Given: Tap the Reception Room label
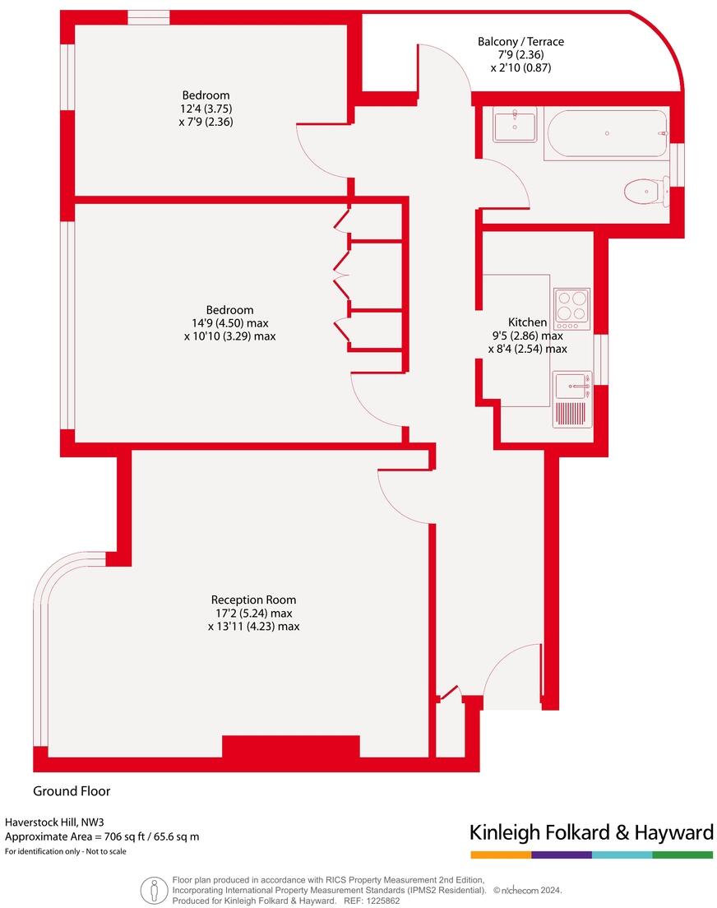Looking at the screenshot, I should pos(253,600).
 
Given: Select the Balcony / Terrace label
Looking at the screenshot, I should pos(520,41).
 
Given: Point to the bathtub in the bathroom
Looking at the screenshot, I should pos(606,133).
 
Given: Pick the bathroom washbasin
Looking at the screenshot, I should pos(514,126).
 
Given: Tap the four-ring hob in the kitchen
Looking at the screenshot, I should pos(572,308).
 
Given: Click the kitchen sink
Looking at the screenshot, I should pos(572,385).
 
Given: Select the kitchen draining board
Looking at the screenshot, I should pos(571,413).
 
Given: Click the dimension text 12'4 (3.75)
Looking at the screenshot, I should pos(206,109).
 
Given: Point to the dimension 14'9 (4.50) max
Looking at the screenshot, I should pos(229,322).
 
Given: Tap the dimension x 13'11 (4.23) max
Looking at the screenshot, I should pos(253,626).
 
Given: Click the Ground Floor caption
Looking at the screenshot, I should pos(72,791).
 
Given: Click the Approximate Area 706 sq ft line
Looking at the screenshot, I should pos(102,836).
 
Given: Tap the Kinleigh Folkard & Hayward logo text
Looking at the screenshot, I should pos(591,833).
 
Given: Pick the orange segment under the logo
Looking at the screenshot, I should pos(501,855).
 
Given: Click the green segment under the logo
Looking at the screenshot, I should pos(682,855).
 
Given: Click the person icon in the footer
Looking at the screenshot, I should pos(154,892).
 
